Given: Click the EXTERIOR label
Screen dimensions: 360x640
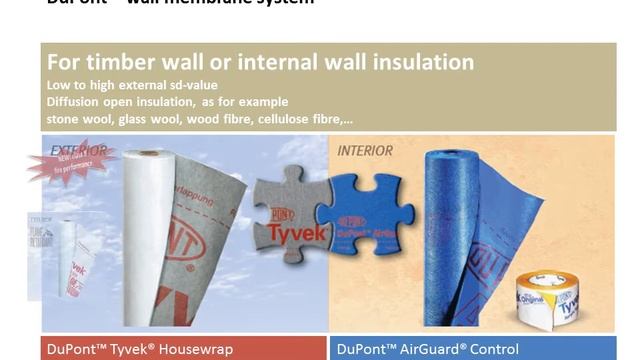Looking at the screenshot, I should [x=79, y=152].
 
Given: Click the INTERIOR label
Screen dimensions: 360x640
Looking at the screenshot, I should [x=364, y=151].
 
